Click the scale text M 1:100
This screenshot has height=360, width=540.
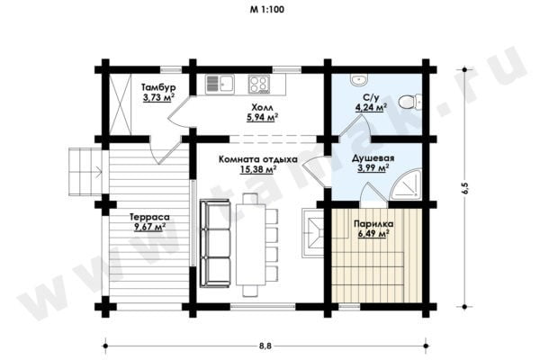pos(267,9)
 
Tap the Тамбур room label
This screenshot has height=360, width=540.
pos(158,86)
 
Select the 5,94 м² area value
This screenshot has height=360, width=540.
pos(263,118)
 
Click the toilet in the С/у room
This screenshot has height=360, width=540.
pos(410,102)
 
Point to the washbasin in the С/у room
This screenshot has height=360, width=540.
pos(360,80)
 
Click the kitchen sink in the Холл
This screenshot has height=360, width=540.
pos(220,85)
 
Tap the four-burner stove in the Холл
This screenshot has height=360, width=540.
pos(259,85)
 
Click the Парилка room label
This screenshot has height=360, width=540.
pos(373,224)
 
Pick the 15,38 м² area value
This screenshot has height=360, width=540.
pos(258,169)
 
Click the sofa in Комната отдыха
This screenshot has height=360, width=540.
pos(215,243)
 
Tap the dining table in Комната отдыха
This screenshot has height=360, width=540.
pos(251,245)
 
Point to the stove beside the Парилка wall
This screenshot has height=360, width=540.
pos(312,233)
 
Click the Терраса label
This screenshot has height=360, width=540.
pos(149,217)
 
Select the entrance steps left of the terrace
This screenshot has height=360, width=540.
pos(85,172)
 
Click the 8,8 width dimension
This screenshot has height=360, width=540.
pos(265,346)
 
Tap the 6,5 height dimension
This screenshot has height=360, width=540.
pos(465,188)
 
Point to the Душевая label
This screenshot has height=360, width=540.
pos(373,158)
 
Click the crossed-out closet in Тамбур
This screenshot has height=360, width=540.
pos(121,104)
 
